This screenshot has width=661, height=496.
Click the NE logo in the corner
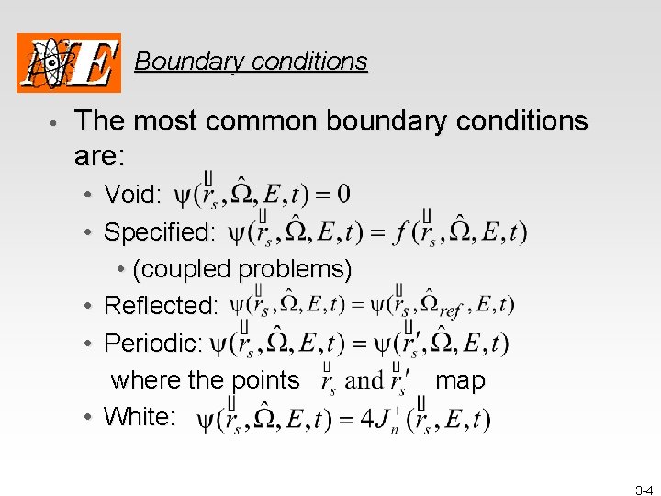69,62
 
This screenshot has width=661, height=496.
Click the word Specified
159,231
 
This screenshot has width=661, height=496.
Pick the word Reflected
161,305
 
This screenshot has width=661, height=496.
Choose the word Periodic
152,343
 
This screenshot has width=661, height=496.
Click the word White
138,417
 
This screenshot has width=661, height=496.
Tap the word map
460,380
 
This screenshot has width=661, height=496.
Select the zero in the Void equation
342,195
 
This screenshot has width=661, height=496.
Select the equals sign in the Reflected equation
375,305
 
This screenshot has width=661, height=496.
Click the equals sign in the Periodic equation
359,344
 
